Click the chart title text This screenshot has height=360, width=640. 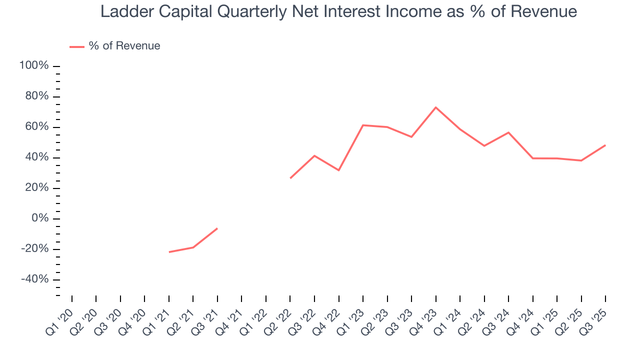(x=338, y=11)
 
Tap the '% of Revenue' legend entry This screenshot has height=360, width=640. (x=124, y=46)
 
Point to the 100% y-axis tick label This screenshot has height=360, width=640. (x=34, y=66)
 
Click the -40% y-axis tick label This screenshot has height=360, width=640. (x=34, y=279)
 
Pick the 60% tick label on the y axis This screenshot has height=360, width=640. (x=36, y=127)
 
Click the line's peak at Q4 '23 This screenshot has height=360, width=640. (x=435, y=107)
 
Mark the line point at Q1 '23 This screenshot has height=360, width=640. (x=362, y=125)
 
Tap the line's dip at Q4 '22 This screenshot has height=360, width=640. (x=338, y=170)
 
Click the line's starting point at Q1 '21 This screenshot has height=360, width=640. (x=169, y=252)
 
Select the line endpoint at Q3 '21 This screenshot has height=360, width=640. (x=217, y=228)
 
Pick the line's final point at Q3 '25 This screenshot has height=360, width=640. (x=605, y=145)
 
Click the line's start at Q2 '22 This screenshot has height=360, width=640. (x=290, y=178)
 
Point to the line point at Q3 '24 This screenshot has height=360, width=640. (x=508, y=132)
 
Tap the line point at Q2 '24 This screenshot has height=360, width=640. (x=484, y=145)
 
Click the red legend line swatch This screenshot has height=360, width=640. (x=76, y=46)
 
